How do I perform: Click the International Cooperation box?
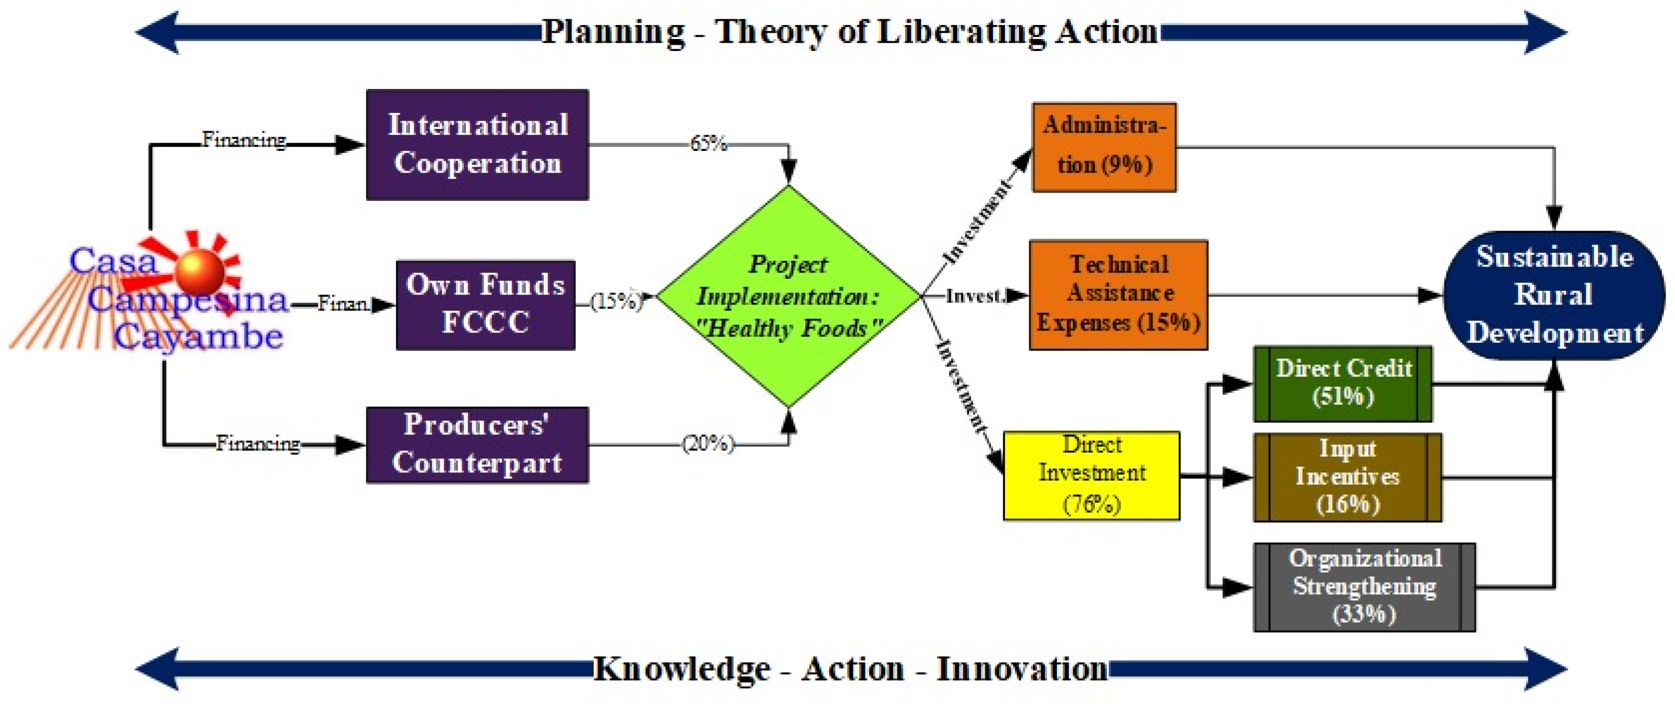pyautogui.click(x=477, y=145)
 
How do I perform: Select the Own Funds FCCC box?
pyautogui.click(x=486, y=305)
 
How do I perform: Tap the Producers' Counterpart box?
pyautogui.click(x=477, y=445)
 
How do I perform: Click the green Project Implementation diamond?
pyautogui.click(x=789, y=297)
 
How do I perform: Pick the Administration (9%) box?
pyautogui.click(x=1104, y=147)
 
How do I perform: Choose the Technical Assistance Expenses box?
pyautogui.click(x=1118, y=295)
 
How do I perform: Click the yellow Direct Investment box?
pyautogui.click(x=1092, y=476)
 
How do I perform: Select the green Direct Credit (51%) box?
pyautogui.click(x=1343, y=384)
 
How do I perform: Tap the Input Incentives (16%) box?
pyautogui.click(x=1347, y=478)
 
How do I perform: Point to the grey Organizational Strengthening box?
pyautogui.click(x=1364, y=587)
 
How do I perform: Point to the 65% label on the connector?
pyautogui.click(x=708, y=143)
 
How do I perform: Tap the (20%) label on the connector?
pyautogui.click(x=708, y=444)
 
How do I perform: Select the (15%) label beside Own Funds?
pyautogui.click(x=615, y=301)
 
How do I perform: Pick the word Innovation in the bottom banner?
pyautogui.click(x=1022, y=669)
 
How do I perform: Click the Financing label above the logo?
pyautogui.click(x=244, y=139)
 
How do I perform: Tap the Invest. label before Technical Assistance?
pyautogui.click(x=975, y=296)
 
